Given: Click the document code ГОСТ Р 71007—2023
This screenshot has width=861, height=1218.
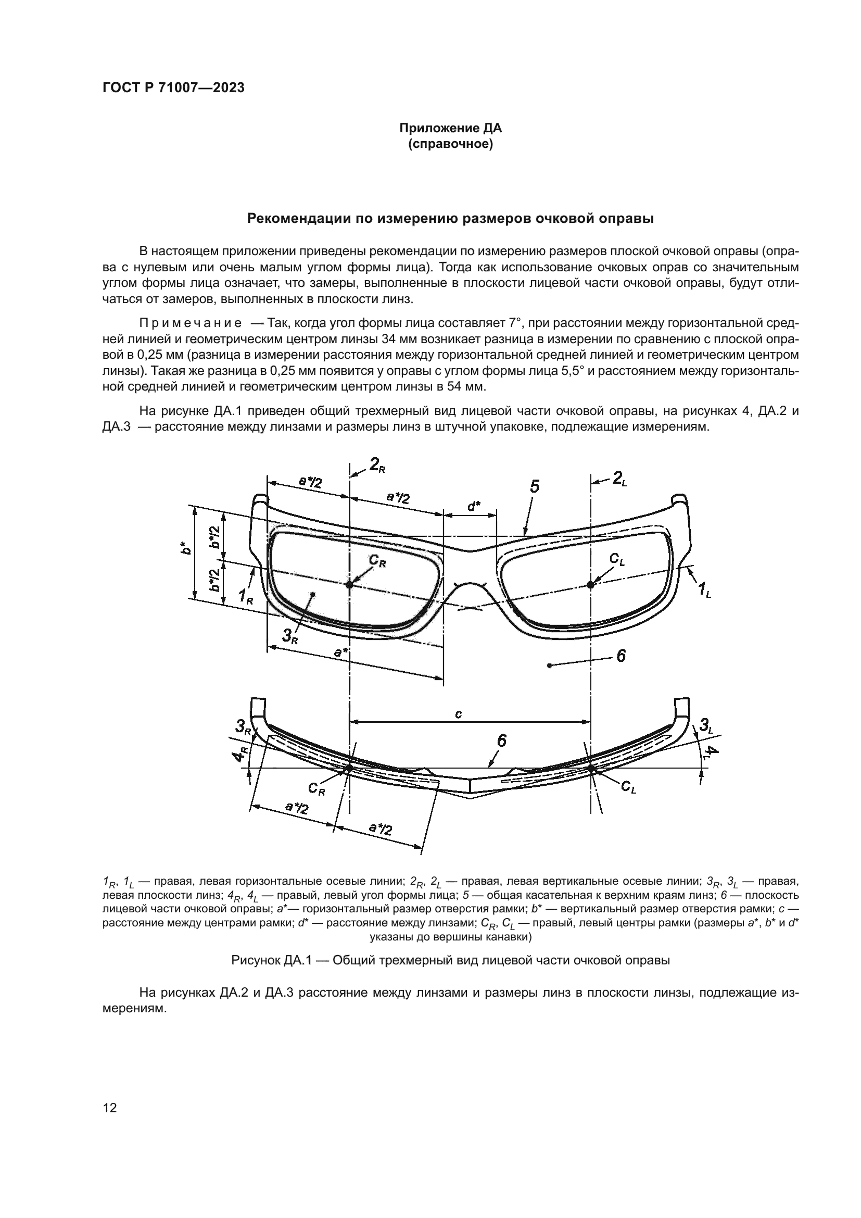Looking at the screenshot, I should tap(173, 88).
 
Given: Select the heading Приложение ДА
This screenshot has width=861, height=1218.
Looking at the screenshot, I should tap(450, 129).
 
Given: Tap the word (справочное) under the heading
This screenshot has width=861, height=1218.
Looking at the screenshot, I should tap(450, 144).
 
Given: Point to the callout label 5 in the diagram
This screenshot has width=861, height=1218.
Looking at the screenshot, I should tap(535, 486).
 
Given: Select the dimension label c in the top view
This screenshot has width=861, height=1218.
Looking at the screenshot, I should tap(459, 714).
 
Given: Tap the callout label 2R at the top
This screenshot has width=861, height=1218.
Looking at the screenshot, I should tap(377, 465).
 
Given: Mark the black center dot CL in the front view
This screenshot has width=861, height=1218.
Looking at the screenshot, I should tap(591, 585).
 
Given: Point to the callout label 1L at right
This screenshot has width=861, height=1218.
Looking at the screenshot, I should tap(704, 589).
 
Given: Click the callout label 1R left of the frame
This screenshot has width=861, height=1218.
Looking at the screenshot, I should tap(246, 596).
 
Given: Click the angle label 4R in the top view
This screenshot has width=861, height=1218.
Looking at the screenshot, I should tap(241, 754).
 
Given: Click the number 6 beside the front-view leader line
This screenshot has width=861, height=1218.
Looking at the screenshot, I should tap(621, 656).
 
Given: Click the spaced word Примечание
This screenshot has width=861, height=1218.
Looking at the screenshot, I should tap(191, 323).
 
